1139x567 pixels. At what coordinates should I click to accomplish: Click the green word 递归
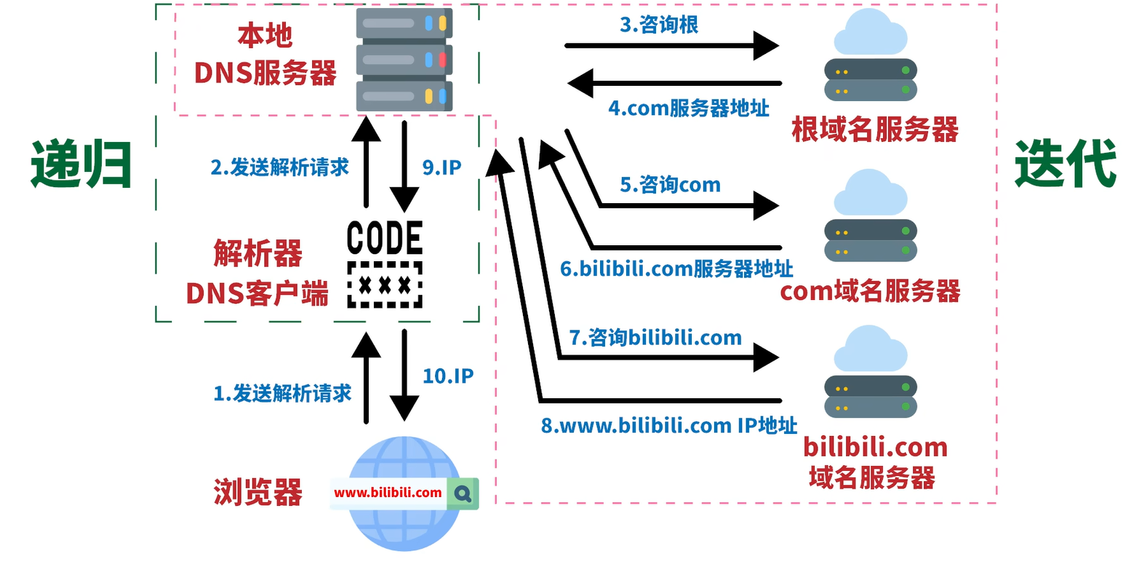pyautogui.click(x=81, y=164)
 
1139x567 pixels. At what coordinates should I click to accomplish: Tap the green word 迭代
pyautogui.click(x=1065, y=164)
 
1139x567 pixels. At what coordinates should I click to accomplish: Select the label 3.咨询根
pyautogui.click(x=658, y=25)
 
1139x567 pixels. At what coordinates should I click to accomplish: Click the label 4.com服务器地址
pyautogui.click(x=689, y=108)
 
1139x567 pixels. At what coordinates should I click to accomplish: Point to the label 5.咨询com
pyautogui.click(x=670, y=185)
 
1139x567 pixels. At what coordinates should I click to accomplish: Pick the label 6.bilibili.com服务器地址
pyautogui.click(x=676, y=269)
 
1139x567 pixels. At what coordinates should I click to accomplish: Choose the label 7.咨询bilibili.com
pyautogui.click(x=655, y=338)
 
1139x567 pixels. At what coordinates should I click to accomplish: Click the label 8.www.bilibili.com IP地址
pyautogui.click(x=668, y=426)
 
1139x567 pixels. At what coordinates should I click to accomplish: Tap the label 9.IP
pyautogui.click(x=441, y=167)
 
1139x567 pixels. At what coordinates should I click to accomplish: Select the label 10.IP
pyautogui.click(x=448, y=376)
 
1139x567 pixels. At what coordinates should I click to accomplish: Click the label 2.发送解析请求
pyautogui.click(x=280, y=167)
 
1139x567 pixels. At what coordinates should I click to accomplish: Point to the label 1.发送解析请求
pyautogui.click(x=282, y=393)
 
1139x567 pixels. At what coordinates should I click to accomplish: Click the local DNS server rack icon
pyautogui.click(x=404, y=60)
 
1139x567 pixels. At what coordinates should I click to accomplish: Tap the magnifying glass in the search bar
pyautogui.click(x=463, y=493)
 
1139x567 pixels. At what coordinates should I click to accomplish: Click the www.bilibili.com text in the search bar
pyautogui.click(x=388, y=493)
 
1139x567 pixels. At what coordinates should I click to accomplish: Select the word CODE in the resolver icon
pyautogui.click(x=385, y=238)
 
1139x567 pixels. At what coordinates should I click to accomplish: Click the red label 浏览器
pyautogui.click(x=258, y=493)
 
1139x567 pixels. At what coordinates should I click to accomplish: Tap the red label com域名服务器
pyautogui.click(x=870, y=291)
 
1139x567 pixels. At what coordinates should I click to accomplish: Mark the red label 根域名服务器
pyautogui.click(x=875, y=130)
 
